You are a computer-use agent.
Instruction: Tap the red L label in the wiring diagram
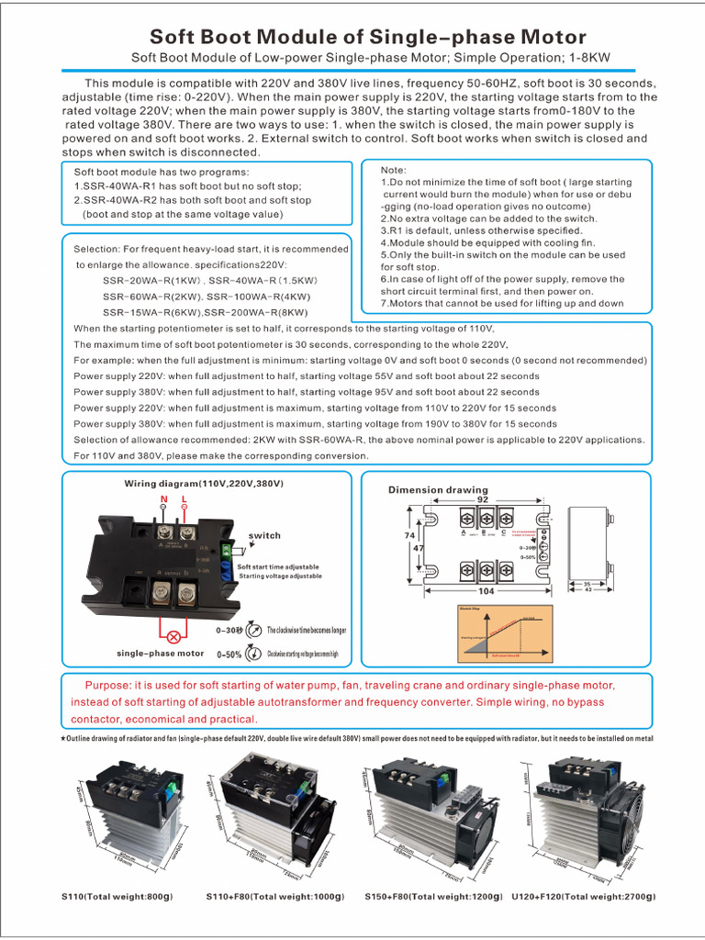coord(185,499)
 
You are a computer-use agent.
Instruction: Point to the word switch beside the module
coord(265,535)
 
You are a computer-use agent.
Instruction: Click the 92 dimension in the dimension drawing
coord(483,500)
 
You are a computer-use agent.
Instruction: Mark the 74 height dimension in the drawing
coord(409,534)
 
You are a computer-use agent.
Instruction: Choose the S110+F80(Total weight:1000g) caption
coord(275,896)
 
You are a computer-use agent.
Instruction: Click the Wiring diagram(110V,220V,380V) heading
coord(204,483)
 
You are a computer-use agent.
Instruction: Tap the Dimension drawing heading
coord(438,489)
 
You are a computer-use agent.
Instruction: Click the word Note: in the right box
coord(394,170)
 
